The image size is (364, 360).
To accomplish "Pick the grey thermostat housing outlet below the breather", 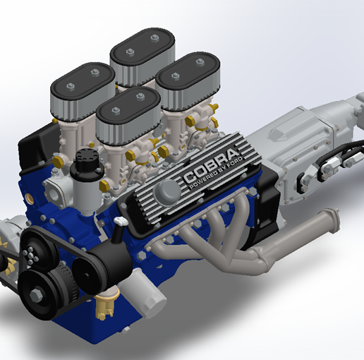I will [58, 189].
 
